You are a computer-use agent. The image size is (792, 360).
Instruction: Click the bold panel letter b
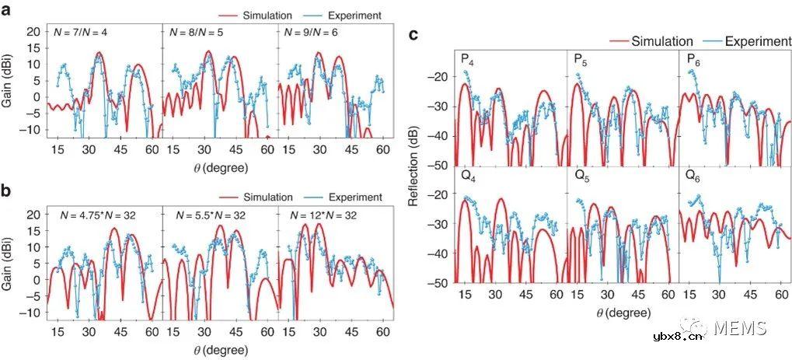click(9, 193)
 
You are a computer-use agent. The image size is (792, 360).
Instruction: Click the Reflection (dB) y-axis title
click(415, 165)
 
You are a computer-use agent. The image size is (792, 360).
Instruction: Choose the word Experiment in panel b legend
click(355, 197)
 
